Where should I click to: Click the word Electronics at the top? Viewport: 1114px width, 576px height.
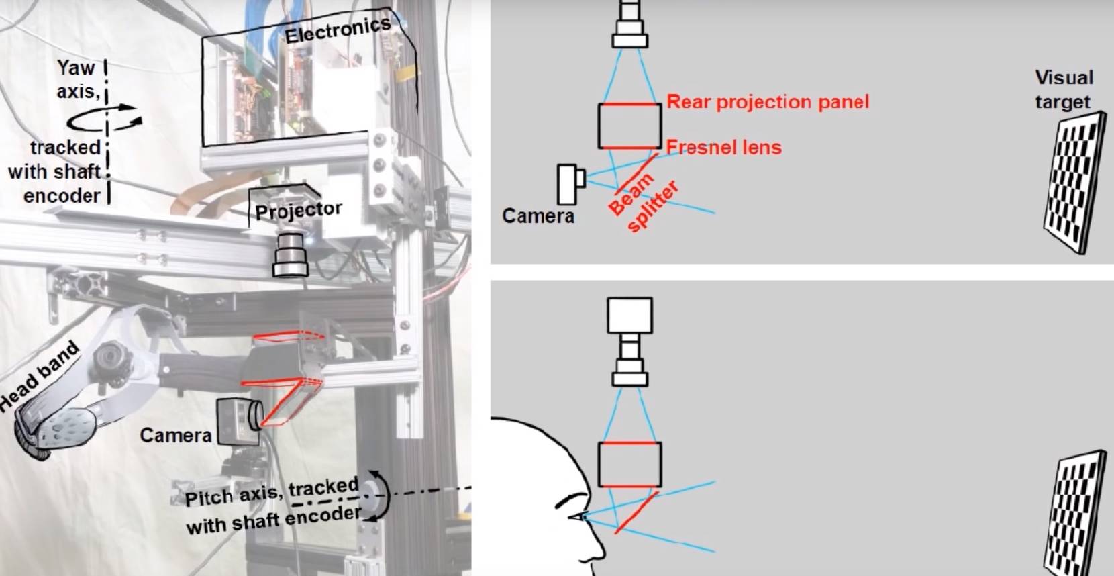(337, 30)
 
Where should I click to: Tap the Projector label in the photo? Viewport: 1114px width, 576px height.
(298, 211)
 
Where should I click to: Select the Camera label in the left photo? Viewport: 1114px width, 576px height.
(175, 436)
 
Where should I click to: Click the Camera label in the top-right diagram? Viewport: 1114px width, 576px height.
(538, 216)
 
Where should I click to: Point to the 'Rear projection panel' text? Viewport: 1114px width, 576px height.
(767, 102)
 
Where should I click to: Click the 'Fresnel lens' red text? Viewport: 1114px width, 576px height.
(723, 147)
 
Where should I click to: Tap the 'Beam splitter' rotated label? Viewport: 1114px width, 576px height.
(643, 202)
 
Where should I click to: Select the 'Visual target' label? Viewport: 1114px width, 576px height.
(1063, 89)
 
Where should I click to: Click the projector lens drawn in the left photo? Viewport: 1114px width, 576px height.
(291, 254)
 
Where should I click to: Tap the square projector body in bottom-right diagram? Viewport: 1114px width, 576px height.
(629, 316)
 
